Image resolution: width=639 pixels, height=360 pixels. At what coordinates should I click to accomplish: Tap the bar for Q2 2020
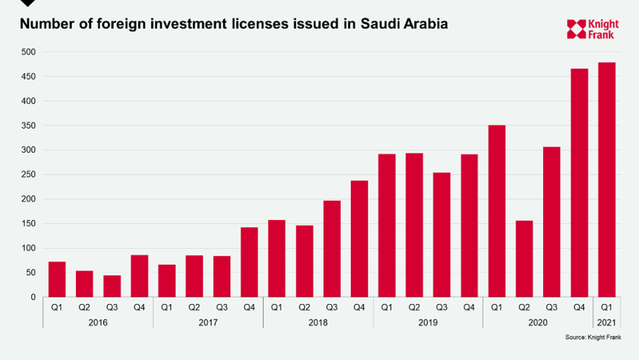click(525, 258)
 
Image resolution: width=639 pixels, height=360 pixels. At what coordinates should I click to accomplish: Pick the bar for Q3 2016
click(111, 286)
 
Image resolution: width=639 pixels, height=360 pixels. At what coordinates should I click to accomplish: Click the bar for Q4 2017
click(249, 262)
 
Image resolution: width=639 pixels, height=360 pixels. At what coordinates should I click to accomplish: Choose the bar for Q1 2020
click(497, 211)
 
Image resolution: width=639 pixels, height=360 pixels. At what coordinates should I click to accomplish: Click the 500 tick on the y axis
click(28, 52)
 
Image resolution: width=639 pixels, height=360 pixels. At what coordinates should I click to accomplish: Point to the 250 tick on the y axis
click(28, 175)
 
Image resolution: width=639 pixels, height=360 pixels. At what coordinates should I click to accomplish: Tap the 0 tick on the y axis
click(33, 297)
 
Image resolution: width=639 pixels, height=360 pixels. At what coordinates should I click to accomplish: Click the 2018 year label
click(318, 322)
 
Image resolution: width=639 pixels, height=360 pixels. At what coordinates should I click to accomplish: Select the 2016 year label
click(98, 322)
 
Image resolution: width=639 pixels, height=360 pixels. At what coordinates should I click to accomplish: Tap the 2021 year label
click(607, 322)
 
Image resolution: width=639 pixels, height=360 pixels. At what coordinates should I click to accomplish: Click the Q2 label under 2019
click(414, 307)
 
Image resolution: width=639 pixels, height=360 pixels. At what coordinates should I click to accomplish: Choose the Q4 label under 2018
click(359, 307)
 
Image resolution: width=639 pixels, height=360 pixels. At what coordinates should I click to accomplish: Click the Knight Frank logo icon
click(576, 29)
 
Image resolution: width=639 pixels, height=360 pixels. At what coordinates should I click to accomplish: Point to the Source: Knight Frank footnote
click(593, 337)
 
